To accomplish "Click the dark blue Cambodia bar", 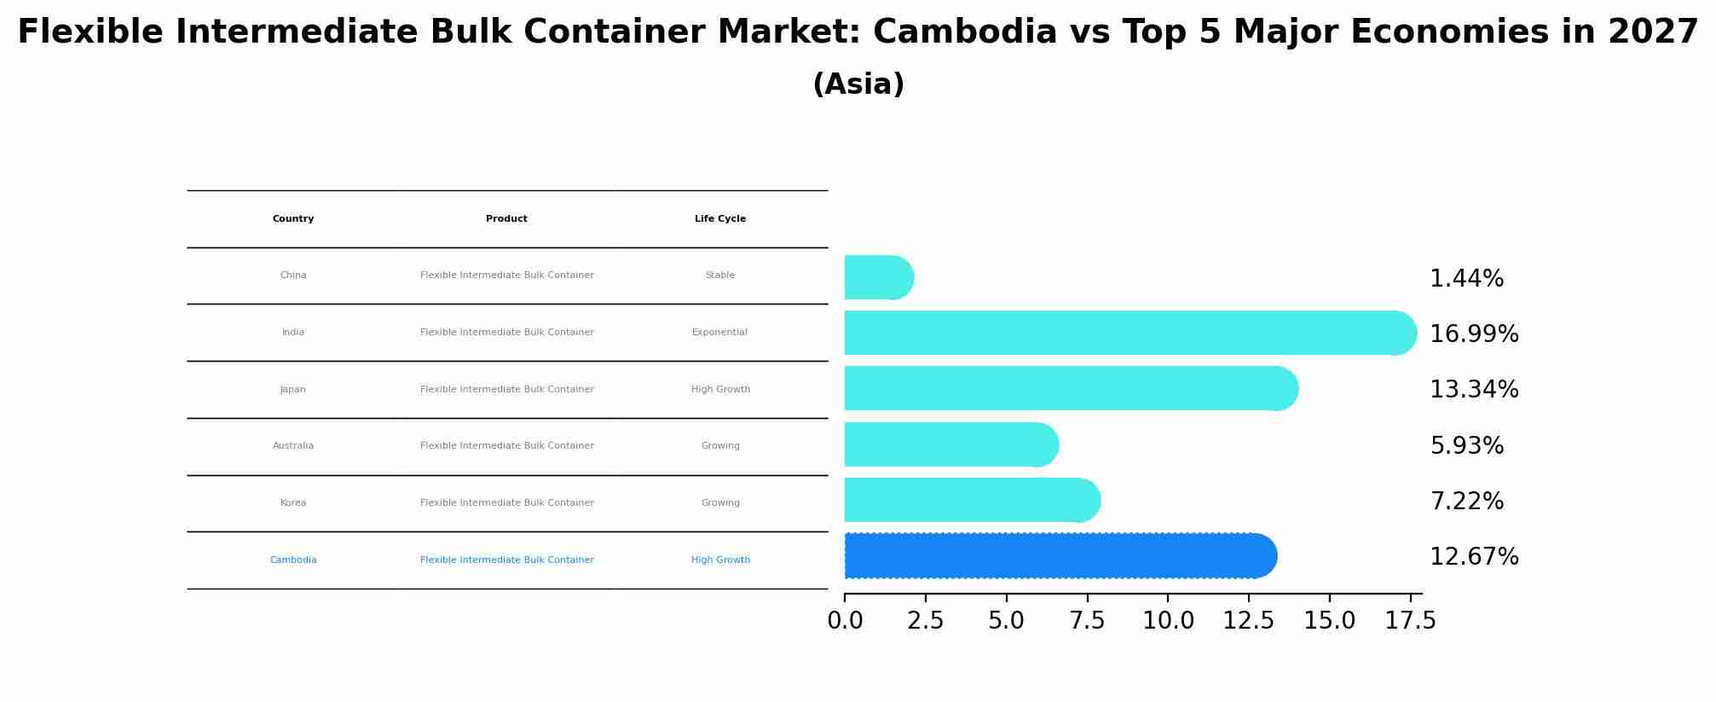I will coord(1057,556).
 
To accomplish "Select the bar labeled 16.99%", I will coord(1125,333).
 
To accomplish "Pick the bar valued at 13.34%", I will coord(1066,388).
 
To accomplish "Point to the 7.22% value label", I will coord(1466,502).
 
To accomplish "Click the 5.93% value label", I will coord(1466,446).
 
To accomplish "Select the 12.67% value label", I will coord(1474,557).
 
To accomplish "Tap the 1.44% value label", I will coord(1466,279).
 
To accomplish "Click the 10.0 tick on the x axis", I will coord(1168,621).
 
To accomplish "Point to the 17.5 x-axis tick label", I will coord(1411,621).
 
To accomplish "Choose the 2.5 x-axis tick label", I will coord(926,621).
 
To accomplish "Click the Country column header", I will coord(293,219).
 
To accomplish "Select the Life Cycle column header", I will coord(720,219).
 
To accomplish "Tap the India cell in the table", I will coord(293,333).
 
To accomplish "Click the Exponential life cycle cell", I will coord(719,333).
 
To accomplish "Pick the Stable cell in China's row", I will coord(719,276).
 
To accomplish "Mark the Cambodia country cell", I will coord(293,560).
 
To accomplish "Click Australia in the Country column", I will coord(293,446).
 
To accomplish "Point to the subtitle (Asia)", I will coord(858,84).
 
